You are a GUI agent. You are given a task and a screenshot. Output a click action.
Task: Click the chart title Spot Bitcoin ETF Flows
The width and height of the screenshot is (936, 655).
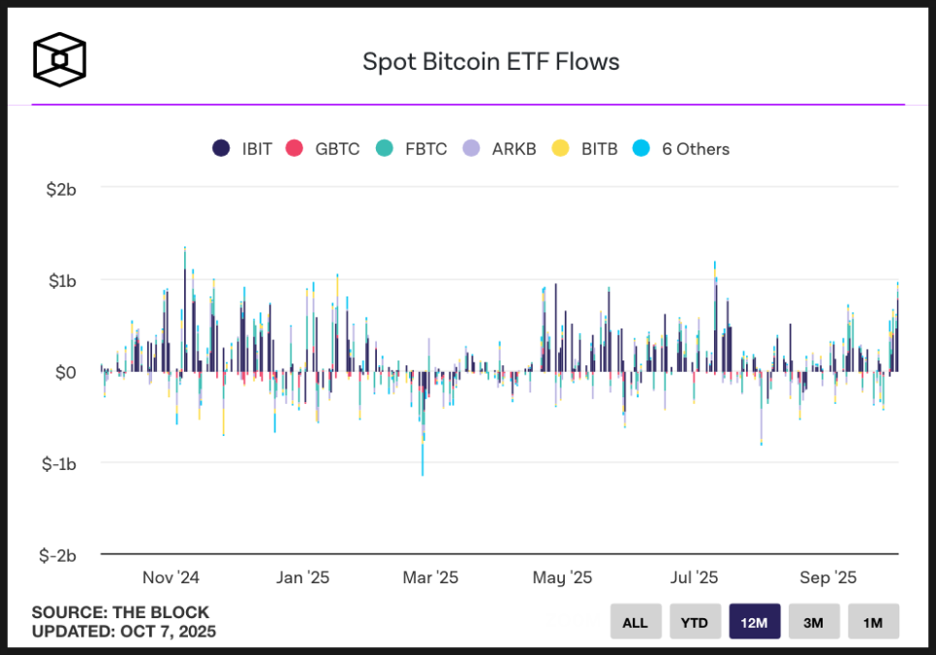pos(490,62)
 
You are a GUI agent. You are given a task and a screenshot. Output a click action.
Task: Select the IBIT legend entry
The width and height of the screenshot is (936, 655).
pos(243,149)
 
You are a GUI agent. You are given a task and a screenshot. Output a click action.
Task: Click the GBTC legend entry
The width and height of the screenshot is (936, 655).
pos(324,149)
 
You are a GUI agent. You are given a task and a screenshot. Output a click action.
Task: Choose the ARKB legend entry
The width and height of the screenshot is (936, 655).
pos(500,149)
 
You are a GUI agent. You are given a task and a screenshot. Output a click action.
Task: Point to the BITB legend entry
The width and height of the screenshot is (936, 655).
pos(585,149)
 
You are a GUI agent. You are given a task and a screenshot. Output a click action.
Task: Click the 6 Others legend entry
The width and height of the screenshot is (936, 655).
pos(681,149)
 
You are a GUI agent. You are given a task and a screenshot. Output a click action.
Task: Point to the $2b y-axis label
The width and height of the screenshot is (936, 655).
pos(61,188)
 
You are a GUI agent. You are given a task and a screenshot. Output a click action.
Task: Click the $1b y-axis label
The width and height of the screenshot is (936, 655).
pos(61,280)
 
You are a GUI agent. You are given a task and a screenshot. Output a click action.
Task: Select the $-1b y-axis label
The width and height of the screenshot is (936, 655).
pos(58,463)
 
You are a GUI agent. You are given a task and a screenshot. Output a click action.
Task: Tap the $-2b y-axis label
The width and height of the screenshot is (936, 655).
pos(58,555)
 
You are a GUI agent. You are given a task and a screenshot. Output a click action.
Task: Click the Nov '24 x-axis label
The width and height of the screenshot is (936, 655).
pos(171,577)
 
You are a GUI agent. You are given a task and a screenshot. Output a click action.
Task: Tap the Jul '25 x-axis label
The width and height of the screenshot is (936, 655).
pos(694,577)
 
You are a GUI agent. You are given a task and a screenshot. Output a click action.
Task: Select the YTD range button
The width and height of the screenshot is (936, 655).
pos(695,622)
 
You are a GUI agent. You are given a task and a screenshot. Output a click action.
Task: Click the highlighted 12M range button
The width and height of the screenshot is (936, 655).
pos(755,622)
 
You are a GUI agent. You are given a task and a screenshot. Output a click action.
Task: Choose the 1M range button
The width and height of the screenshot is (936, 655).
pos(873,622)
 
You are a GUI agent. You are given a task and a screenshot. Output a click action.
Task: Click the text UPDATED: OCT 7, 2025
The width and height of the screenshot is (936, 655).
pos(124,632)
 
